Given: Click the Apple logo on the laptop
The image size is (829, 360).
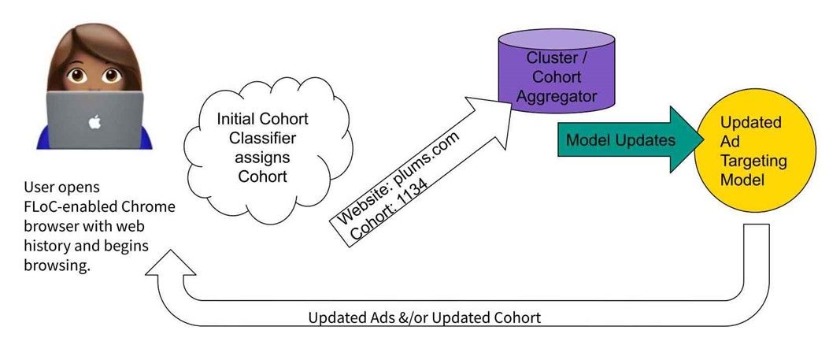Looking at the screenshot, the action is point(94,122).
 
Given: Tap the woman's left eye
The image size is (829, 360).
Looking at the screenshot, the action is point(112,76).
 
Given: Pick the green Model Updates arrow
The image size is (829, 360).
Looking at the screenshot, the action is point(630,139).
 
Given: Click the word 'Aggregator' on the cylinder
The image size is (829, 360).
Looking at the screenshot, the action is point(557,97).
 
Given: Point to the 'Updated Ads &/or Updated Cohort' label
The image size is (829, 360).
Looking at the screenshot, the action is point(424,317).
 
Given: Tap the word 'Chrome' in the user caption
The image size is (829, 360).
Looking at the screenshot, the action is point(150,206).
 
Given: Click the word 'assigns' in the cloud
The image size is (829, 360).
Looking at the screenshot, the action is point(263,157).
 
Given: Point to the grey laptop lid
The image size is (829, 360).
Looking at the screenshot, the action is point(94,120).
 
